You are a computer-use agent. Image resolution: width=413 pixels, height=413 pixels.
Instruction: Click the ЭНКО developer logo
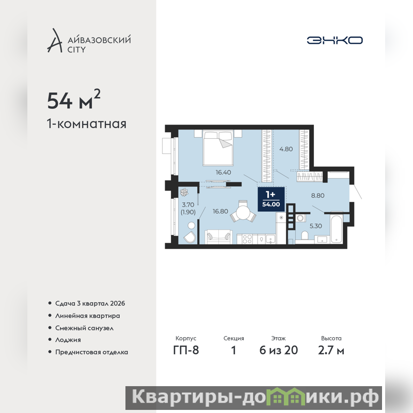[x=335, y=40]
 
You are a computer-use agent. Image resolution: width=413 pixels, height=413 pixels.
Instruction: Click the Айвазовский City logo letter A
[x=55, y=40]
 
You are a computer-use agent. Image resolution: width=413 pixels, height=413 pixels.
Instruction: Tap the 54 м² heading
[x=74, y=100]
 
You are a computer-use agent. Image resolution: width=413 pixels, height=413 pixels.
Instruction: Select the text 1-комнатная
[x=87, y=124]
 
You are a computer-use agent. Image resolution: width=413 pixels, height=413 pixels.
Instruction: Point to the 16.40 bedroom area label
[x=224, y=172]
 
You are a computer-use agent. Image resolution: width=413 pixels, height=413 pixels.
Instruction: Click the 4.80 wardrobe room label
[x=286, y=149]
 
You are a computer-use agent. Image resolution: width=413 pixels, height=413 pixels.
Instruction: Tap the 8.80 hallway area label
[x=317, y=196]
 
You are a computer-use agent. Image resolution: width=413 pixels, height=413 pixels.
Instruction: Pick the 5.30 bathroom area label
[x=315, y=226]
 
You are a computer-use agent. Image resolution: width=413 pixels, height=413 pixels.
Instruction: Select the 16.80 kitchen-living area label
[x=220, y=211]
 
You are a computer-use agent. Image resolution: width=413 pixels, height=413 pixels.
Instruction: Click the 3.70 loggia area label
[x=188, y=204]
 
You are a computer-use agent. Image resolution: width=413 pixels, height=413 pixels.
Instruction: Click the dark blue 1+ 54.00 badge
[x=271, y=199]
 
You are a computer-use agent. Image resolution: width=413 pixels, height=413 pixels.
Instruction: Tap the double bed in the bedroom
[x=218, y=149]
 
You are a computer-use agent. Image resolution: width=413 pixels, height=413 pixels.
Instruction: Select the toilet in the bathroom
[x=305, y=235]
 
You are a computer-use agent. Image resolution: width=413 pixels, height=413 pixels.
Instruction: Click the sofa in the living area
[x=218, y=236]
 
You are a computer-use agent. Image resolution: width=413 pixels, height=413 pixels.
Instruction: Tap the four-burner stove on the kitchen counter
[x=247, y=239]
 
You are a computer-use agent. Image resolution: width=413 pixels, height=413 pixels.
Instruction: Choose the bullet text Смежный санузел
[x=84, y=328]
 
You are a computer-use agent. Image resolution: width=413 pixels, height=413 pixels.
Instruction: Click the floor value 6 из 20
[x=279, y=350]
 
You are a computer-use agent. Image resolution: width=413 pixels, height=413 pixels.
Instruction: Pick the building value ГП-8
[x=186, y=350]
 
